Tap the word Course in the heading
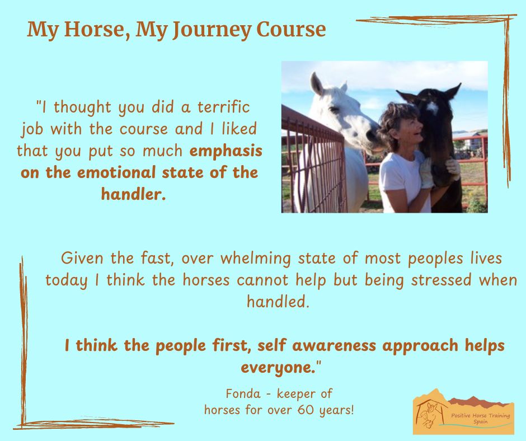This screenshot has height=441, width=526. coord(291,29)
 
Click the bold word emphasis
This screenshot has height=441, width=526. coord(226,152)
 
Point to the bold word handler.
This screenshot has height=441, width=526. coord(134,194)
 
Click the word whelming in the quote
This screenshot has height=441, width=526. coord(256,259)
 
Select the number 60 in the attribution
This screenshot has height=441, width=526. coord(306,410)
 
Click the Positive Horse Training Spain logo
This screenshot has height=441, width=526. coord(463,411)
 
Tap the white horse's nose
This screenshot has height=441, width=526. coord(372,135)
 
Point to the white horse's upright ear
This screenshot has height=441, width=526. coord(316,84)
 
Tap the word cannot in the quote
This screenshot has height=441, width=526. coord(262,280)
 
